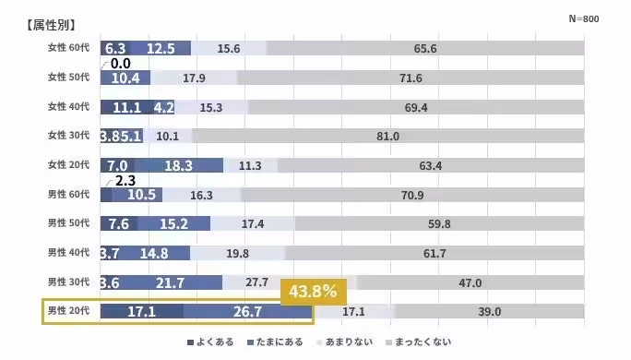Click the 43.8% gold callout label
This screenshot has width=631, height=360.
(314, 292)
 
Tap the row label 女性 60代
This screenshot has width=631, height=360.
(68, 48)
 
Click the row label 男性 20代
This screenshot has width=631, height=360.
(68, 312)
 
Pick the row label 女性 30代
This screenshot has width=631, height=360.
(68, 136)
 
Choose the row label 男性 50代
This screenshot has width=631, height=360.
(68, 223)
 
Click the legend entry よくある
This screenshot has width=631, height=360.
(210, 342)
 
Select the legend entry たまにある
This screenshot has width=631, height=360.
(275, 342)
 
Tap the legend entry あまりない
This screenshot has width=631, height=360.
(348, 342)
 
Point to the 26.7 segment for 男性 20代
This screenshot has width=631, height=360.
(247, 312)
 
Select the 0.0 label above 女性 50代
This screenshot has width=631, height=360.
(120, 64)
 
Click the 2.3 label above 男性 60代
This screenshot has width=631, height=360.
(125, 181)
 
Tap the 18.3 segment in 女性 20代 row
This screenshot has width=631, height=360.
(178, 165)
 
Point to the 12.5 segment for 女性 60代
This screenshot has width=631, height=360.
(160, 49)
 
